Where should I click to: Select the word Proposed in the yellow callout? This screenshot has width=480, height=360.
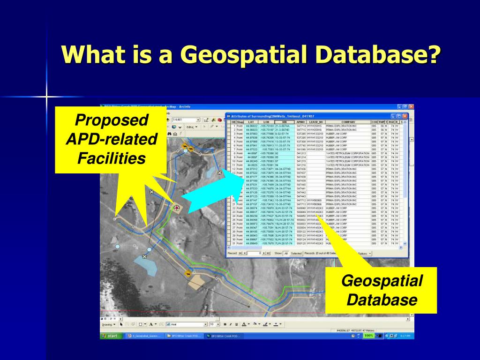click(x=112, y=120)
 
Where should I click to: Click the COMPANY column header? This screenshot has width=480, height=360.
click(x=347, y=122)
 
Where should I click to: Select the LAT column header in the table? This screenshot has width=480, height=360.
click(x=251, y=122)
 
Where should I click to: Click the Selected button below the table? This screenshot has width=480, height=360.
click(x=296, y=253)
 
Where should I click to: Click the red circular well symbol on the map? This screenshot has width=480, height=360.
click(x=177, y=208)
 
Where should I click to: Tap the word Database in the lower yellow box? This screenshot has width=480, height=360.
click(x=382, y=300)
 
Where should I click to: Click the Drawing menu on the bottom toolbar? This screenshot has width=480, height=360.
click(x=108, y=324)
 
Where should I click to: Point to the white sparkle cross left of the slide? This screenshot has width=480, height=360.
click(x=47, y=97)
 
